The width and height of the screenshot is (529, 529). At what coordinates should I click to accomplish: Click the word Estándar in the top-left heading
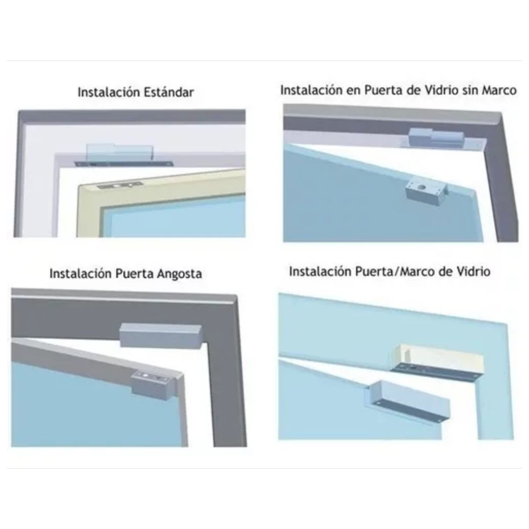point(169,92)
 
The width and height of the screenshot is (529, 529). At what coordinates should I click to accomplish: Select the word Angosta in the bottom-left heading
point(179,274)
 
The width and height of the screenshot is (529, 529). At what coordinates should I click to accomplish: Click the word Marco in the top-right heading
point(499,90)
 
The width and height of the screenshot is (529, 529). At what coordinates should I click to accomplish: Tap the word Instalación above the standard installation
point(109,92)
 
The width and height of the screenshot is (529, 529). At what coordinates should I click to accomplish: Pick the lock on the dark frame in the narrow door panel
point(160,336)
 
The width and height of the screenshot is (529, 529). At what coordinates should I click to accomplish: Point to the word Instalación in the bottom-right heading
point(320,272)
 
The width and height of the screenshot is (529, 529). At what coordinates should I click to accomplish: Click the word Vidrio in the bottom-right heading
point(473,272)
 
